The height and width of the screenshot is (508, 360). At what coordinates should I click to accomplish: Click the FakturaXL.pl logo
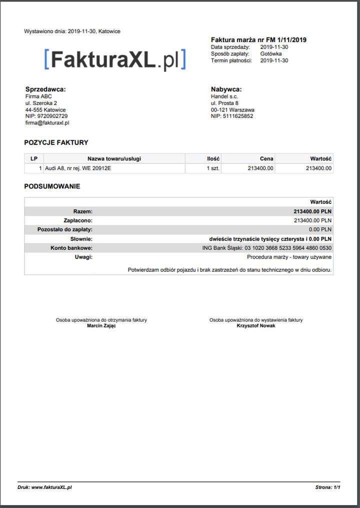tap(114, 59)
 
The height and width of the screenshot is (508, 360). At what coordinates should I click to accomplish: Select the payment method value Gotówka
tap(270, 53)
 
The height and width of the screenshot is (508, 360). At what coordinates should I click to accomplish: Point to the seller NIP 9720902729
tap(46, 116)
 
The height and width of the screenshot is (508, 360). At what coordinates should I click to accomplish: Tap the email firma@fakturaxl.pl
tap(47, 122)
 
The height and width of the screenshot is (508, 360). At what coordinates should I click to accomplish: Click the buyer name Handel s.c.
tap(224, 96)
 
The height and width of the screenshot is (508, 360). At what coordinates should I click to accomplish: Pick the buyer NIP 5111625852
tap(232, 116)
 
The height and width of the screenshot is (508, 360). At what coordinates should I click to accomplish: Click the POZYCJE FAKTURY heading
tap(56, 142)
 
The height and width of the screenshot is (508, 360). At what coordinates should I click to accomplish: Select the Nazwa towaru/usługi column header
tap(114, 158)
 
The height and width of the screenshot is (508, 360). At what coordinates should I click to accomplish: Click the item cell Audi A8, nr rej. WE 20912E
tap(78, 168)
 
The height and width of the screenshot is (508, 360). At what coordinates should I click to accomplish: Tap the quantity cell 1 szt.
tap(213, 168)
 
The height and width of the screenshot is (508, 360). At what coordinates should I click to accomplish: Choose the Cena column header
tap(266, 158)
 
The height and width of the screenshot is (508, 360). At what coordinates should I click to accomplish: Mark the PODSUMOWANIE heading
tap(52, 186)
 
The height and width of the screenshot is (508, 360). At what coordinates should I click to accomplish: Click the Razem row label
tap(82, 211)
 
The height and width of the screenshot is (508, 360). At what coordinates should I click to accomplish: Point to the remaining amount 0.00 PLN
tap(320, 229)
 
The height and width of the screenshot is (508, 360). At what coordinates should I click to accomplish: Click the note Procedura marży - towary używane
tap(289, 257)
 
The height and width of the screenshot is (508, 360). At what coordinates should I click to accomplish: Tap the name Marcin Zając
tap(101, 325)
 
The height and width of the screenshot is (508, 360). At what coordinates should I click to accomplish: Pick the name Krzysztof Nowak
tap(256, 325)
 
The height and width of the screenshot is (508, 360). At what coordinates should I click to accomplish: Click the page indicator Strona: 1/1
tap(328, 487)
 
